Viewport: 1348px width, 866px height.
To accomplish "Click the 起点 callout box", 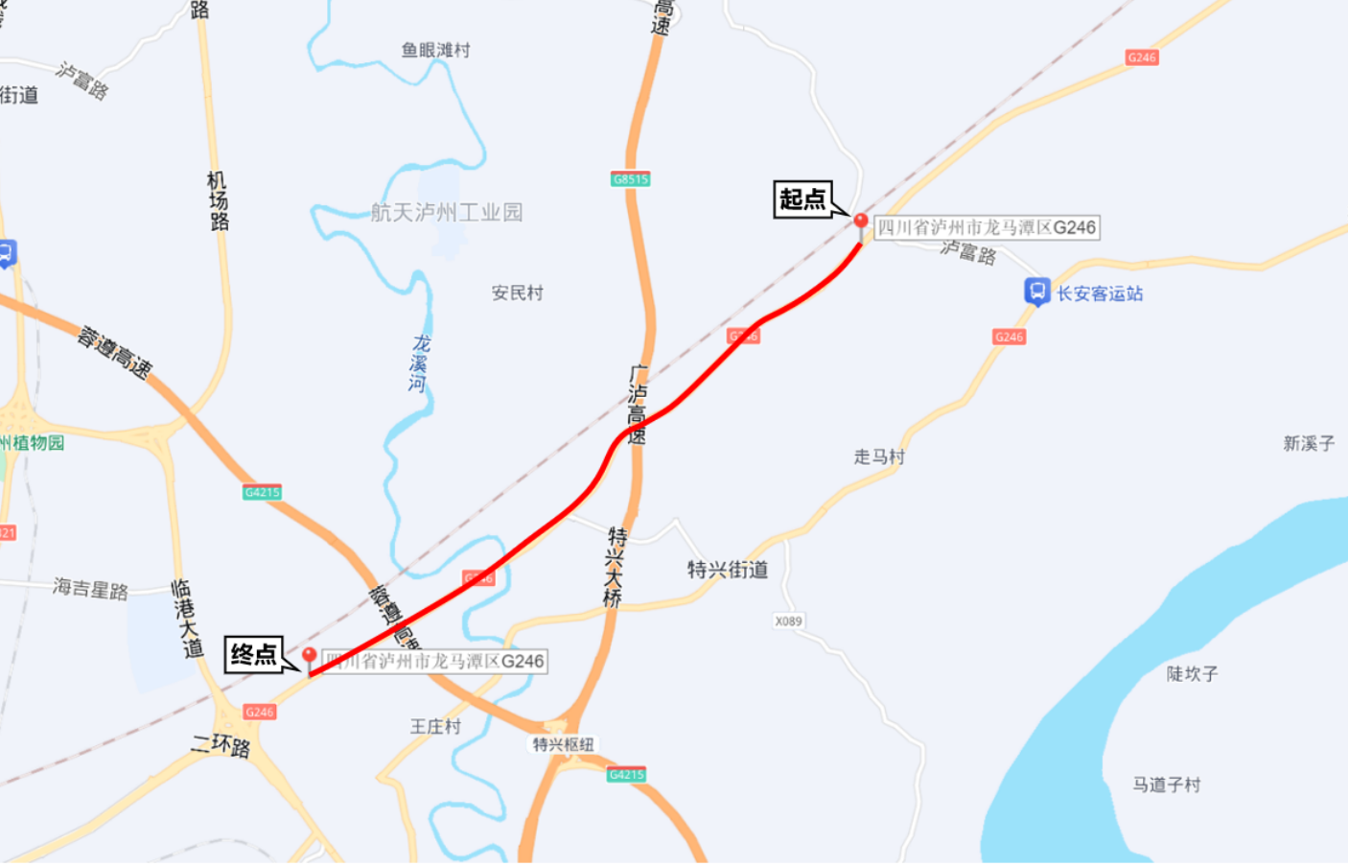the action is [x=802, y=199].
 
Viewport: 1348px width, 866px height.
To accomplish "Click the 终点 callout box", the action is [x=254, y=655].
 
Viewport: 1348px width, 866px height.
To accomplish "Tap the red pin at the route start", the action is [x=861, y=223].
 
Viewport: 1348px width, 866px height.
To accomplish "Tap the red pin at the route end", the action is [x=309, y=657].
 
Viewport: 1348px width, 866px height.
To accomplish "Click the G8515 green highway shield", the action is [x=630, y=179].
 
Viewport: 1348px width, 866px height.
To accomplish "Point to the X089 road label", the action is [x=788, y=621].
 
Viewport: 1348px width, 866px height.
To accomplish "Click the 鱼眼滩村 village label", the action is [x=435, y=50].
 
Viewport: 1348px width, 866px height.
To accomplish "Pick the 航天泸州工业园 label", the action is [x=447, y=212].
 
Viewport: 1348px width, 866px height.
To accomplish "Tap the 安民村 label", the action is [x=517, y=293].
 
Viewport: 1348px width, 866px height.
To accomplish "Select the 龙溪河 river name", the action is [x=419, y=363].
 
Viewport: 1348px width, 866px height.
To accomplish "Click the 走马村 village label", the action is [x=879, y=456].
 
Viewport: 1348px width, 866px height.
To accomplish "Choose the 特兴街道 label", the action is [x=728, y=570].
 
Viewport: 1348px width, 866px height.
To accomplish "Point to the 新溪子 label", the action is [x=1309, y=443].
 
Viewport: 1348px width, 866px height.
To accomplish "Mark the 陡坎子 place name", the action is [x=1192, y=674].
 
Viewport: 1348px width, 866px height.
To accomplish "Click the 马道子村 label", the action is [x=1166, y=784].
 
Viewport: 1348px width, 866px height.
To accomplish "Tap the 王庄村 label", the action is [x=435, y=726].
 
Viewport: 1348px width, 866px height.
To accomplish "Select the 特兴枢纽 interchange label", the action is [x=563, y=744].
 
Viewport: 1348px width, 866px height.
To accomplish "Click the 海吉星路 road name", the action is [x=91, y=588].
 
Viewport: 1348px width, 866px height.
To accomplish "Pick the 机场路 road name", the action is [x=219, y=201].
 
